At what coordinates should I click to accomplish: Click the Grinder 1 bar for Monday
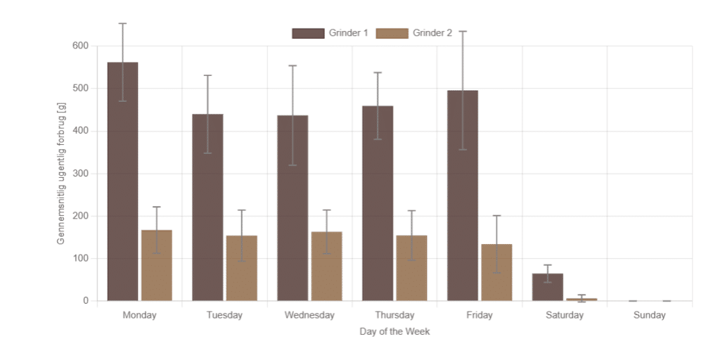point(122,181)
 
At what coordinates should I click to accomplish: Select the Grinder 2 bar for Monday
point(157,265)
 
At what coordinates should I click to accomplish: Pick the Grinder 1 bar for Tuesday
point(207,207)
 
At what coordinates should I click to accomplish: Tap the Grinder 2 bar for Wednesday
point(326,266)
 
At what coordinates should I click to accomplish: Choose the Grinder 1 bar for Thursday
point(378,203)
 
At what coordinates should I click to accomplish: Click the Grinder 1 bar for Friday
point(463,195)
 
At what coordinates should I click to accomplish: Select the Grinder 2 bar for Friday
point(496,273)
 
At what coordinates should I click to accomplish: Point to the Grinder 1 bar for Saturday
point(547,288)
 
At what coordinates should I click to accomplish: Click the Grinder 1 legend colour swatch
point(308,33)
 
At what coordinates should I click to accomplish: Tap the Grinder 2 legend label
point(432,33)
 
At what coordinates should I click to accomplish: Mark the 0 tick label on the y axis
point(85,301)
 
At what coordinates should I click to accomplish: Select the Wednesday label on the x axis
point(309,316)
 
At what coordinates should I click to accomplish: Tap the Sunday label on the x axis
point(649,316)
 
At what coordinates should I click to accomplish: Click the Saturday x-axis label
point(565,316)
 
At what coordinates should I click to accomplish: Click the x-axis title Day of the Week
point(394,332)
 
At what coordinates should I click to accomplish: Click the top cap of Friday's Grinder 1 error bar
point(463,31)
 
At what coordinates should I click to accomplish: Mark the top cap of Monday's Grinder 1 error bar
point(122,23)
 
